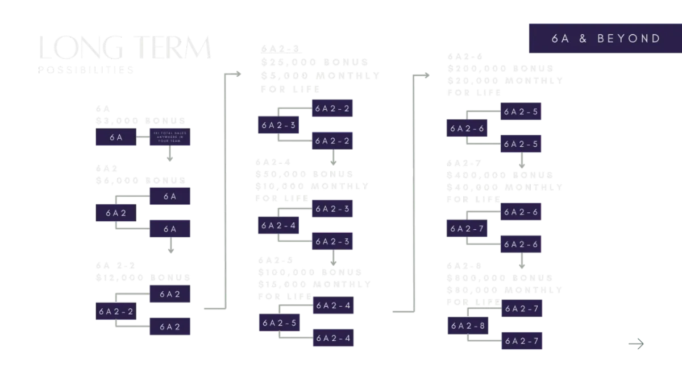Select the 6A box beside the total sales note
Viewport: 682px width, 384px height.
coord(116,137)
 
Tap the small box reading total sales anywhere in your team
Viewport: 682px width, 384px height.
coord(169,137)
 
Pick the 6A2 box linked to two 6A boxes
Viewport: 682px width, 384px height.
coord(115,213)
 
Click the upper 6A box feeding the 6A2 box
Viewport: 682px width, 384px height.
coord(169,196)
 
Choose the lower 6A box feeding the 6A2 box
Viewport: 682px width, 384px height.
coord(169,229)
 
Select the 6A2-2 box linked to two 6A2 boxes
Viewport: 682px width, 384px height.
coord(115,312)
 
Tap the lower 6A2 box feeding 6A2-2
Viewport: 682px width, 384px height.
coord(169,327)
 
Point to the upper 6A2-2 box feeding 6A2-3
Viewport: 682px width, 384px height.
coord(332,108)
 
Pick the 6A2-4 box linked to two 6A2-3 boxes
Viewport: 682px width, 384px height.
coord(277,225)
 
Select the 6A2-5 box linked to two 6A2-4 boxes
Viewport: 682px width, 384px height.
coord(278,323)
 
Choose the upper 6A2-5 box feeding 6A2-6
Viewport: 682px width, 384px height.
coord(522,112)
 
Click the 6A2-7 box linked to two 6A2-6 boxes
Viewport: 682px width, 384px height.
coord(467,229)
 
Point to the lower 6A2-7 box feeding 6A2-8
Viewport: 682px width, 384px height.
coord(522,341)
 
